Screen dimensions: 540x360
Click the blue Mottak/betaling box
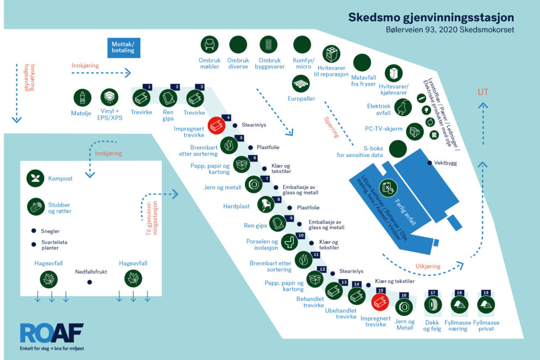tap(124, 47)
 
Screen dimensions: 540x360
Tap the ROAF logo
tap(52, 333)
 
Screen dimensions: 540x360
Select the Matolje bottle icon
tap(82, 98)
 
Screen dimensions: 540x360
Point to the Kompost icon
tap(35, 178)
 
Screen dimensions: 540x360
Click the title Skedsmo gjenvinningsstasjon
tap(431, 17)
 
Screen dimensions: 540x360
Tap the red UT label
tap(483, 92)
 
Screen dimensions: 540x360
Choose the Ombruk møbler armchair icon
tap(209, 44)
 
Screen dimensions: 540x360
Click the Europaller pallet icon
tap(301, 83)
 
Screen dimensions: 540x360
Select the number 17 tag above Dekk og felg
tap(433, 293)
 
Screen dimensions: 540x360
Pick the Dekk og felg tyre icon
tap(433, 304)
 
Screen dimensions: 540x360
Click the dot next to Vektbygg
tap(429, 163)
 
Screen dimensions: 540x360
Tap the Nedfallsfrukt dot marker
tap(89, 282)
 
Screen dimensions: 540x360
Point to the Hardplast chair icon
tap(266, 205)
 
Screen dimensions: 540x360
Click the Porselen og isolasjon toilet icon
tap(290, 242)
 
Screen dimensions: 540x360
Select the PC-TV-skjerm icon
tap(415, 131)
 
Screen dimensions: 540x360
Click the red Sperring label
tap(331, 127)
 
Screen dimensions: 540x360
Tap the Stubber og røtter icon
tap(36, 207)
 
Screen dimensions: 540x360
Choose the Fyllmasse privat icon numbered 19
tap(486, 304)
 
